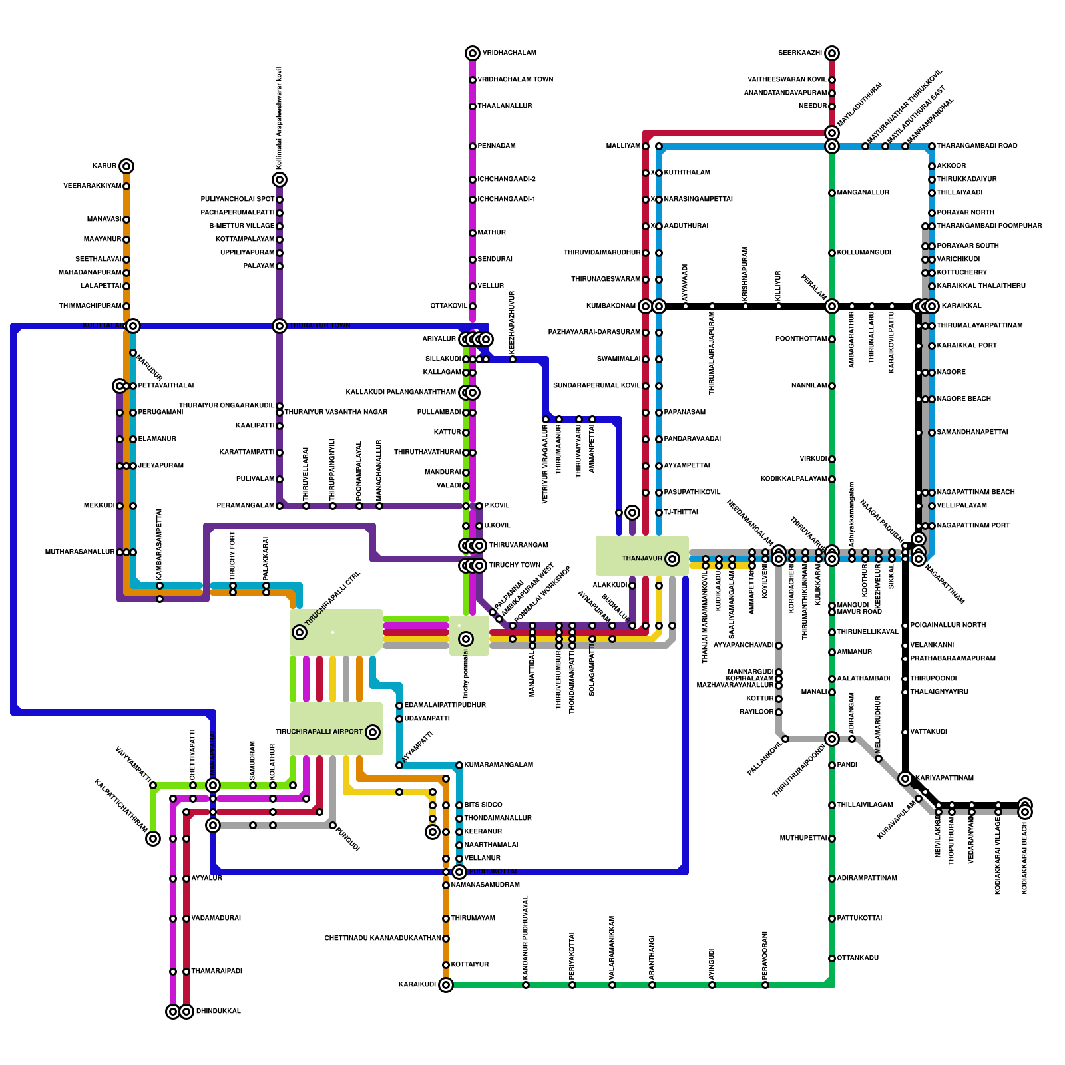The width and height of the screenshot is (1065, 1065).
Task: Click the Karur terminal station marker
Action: click(126, 166)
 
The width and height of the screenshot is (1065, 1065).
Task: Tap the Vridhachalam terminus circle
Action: click(473, 53)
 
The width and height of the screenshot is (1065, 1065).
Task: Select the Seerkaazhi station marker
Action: click(832, 53)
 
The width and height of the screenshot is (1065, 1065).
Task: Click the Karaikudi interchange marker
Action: click(446, 985)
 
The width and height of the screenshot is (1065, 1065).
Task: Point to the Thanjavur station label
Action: click(642, 558)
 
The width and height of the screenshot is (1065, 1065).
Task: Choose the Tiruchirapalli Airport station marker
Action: click(373, 732)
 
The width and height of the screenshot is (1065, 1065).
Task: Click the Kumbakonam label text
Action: click(610, 306)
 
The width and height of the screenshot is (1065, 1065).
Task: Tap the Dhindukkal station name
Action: click(218, 1012)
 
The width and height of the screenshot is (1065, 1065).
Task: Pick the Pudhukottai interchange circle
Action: click(459, 872)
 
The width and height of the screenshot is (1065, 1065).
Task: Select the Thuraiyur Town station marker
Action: click(280, 326)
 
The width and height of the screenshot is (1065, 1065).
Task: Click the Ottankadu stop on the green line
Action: click(832, 958)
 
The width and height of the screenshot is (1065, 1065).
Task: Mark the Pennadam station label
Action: click(497, 146)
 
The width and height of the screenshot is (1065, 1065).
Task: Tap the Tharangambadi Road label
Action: click(976, 146)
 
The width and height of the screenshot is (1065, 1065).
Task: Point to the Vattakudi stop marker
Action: click(905, 732)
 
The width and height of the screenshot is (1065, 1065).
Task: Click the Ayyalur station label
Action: click(206, 879)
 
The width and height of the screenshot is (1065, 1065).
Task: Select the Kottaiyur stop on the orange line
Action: click(446, 965)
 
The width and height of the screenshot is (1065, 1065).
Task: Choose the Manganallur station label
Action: click(863, 193)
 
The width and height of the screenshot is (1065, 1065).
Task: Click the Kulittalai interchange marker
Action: click(133, 326)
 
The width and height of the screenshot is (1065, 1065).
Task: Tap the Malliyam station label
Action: click(623, 146)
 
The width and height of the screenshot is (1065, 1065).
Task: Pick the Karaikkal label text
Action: click(961, 306)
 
